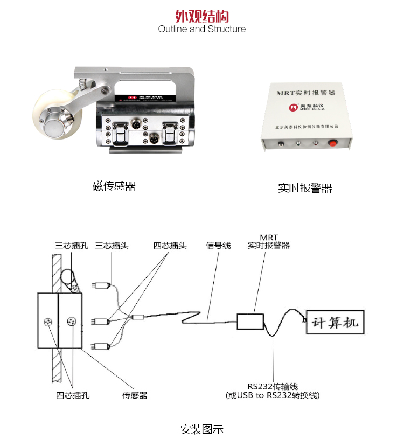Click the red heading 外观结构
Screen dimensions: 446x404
pyautogui.click(x=202, y=15)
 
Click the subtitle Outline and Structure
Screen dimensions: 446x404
pyautogui.click(x=202, y=29)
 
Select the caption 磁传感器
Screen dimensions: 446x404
pyautogui.click(x=114, y=186)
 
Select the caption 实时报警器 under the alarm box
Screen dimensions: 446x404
pyautogui.click(x=305, y=188)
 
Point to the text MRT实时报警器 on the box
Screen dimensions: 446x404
pyautogui.click(x=305, y=93)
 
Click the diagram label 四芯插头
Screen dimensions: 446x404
pyautogui.click(x=170, y=246)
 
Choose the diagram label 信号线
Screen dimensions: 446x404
pyautogui.click(x=218, y=246)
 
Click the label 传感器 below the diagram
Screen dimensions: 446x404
pyautogui.click(x=135, y=395)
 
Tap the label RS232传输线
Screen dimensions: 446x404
pyautogui.click(x=273, y=386)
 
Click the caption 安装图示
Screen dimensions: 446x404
pyautogui.click(x=201, y=430)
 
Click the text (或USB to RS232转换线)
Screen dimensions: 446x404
pyautogui.click(x=273, y=395)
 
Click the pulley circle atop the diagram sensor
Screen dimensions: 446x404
pyautogui.click(x=67, y=277)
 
